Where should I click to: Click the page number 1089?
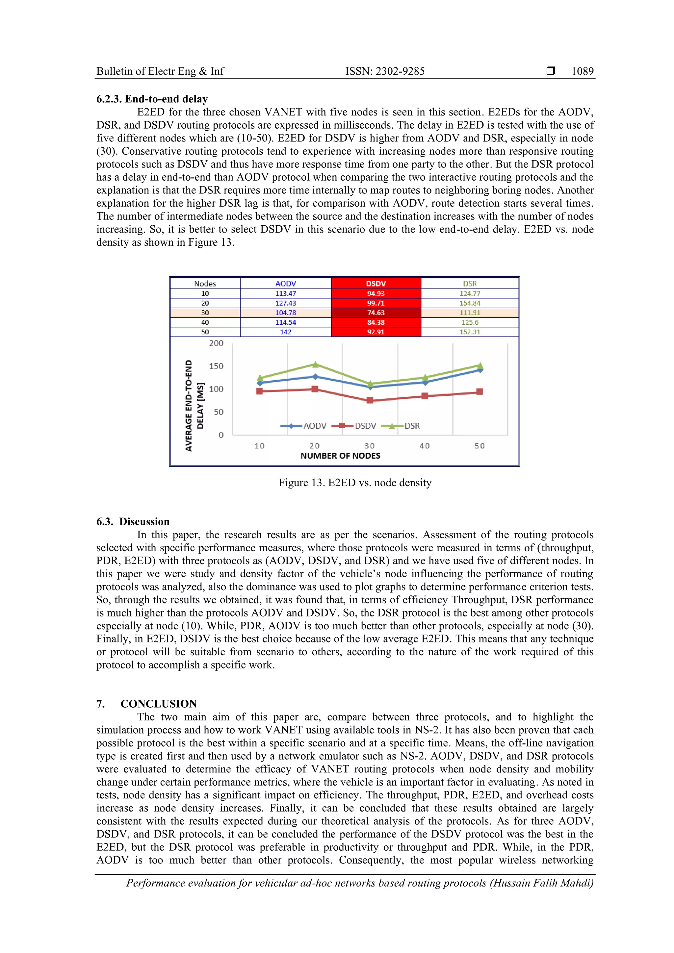click(582, 71)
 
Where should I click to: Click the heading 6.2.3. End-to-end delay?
click(152, 99)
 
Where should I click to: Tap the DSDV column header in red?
click(376, 284)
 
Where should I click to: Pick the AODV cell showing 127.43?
click(285, 303)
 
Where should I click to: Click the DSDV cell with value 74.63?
click(376, 313)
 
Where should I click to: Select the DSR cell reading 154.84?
click(470, 303)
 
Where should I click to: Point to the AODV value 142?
click(285, 332)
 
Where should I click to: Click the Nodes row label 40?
click(205, 322)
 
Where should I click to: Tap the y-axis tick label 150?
click(216, 366)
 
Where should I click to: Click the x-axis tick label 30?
click(369, 446)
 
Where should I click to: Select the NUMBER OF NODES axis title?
click(340, 456)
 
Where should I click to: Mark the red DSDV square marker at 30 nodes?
click(370, 400)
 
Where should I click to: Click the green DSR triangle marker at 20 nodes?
click(315, 364)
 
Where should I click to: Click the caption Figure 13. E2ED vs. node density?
click(355, 482)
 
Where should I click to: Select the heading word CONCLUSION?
click(158, 704)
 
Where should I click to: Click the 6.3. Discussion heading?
click(133, 522)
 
